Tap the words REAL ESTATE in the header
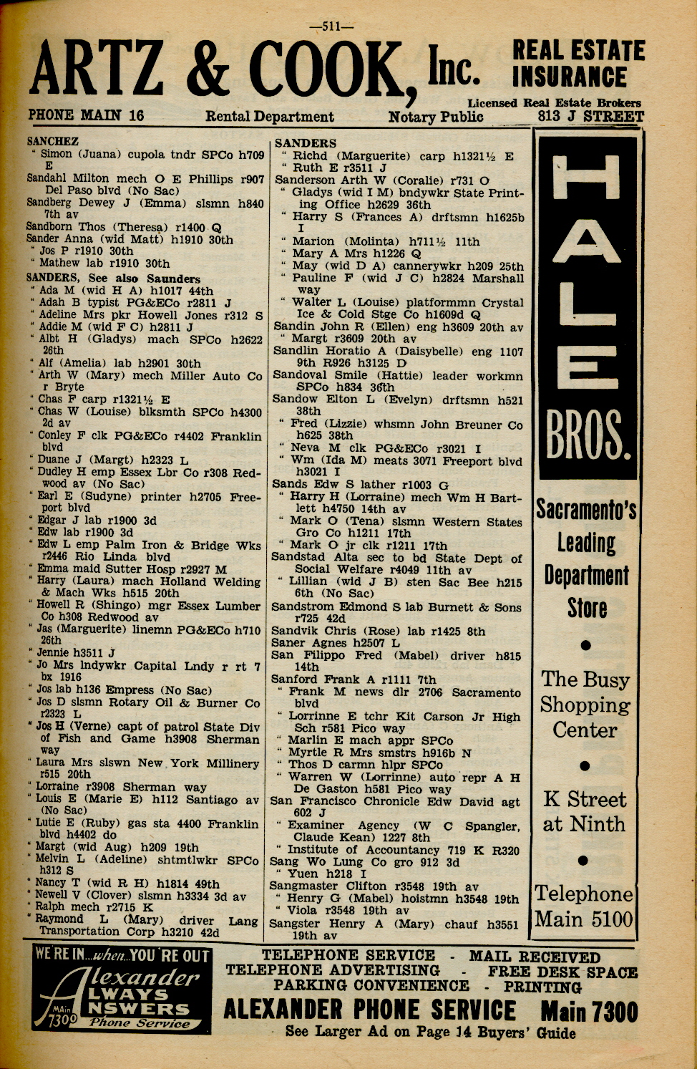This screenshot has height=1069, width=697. (578, 51)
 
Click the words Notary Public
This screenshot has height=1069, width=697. (436, 117)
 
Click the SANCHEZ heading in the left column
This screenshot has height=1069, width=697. (52, 141)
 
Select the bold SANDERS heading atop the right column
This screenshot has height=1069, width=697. (305, 143)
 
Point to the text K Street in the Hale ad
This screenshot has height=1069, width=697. (584, 799)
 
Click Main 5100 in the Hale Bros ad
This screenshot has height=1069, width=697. (584, 919)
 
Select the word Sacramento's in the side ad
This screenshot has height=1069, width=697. (586, 510)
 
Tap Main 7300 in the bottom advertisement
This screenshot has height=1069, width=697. (588, 1012)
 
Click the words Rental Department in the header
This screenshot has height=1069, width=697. (269, 117)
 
